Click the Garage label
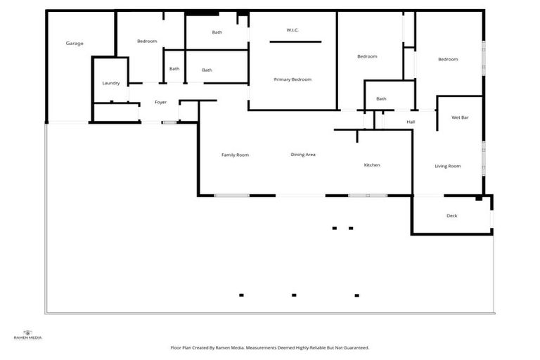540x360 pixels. [x=75, y=44]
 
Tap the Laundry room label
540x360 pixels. [x=111, y=83]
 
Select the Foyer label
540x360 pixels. [x=161, y=103]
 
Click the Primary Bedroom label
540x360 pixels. [x=292, y=79]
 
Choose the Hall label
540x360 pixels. [x=411, y=122]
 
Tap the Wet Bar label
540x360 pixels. [x=460, y=117]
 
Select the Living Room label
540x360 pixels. [x=447, y=166]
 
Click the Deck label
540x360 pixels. [x=451, y=216]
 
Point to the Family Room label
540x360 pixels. [x=235, y=155]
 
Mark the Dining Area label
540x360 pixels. [x=303, y=154]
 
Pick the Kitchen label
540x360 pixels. [x=372, y=165]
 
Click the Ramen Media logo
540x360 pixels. [x=28, y=335]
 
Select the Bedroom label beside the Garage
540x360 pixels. [x=147, y=41]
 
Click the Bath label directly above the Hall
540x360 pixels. [x=381, y=98]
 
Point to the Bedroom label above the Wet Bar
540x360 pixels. [x=448, y=59]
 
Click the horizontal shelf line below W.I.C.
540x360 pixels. [x=295, y=42]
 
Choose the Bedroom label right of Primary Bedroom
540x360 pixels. [x=367, y=56]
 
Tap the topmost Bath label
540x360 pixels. [x=217, y=32]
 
